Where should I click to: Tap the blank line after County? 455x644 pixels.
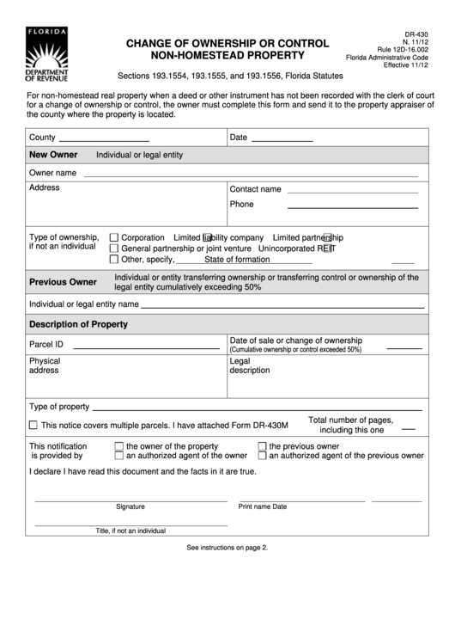coord(103,138)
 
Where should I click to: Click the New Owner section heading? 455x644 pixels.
coord(53,155)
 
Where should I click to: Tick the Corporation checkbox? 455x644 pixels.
coord(113,237)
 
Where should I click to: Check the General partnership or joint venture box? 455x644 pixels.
coord(113,248)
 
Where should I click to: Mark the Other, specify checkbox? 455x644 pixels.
coord(113,259)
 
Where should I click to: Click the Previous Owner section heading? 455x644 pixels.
coord(64,282)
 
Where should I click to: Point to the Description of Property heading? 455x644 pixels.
coord(78,324)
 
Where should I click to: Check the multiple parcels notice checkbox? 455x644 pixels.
coord(33,426)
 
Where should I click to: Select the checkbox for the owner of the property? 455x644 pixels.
coord(119,446)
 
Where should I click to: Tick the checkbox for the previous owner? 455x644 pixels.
coord(263,446)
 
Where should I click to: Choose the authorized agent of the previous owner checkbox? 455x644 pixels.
coord(263,456)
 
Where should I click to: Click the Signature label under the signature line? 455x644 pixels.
coord(130,506)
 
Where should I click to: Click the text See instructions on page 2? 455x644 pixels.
coord(227,548)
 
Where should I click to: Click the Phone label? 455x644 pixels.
coord(241,205)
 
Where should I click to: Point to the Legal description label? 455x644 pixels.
coord(250,365)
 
